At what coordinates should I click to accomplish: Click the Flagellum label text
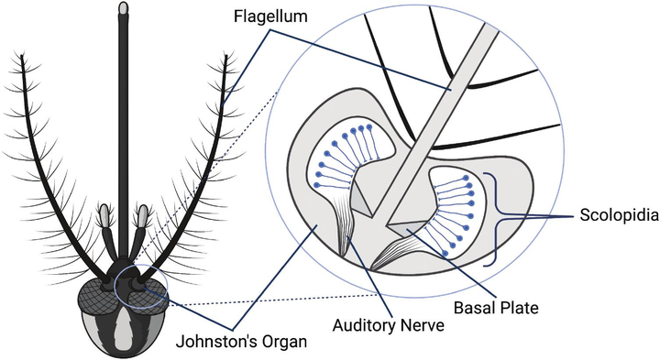pos(270,16)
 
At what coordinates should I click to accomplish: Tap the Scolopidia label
pos(619,215)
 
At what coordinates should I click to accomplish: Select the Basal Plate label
pos(496,308)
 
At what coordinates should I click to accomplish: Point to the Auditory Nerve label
pos(388,325)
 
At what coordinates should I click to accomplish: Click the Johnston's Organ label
pos(241,341)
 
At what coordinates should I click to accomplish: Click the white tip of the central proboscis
pos(123,7)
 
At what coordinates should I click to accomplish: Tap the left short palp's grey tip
pos(104,215)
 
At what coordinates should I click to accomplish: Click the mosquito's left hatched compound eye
pos(98,297)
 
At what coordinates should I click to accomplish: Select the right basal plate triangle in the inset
pos(406,228)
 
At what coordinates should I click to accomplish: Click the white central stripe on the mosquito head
pos(123,326)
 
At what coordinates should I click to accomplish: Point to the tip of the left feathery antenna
pos(22,57)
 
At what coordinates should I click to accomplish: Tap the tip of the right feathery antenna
pos(226,58)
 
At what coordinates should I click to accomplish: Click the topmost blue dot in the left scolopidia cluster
pos(369,126)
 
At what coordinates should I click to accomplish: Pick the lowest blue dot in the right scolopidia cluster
pos(445,253)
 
